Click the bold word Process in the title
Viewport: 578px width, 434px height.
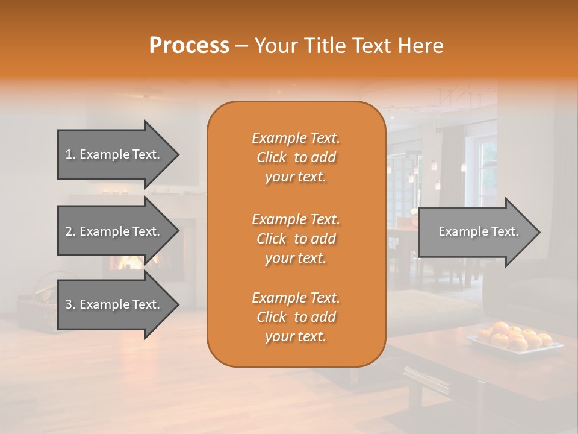click(189, 46)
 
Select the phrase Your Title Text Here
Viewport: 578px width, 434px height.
click(349, 46)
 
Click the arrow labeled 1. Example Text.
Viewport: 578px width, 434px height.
click(114, 154)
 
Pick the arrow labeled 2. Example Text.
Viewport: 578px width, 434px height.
click(114, 231)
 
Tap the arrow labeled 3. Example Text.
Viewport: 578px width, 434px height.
click(114, 304)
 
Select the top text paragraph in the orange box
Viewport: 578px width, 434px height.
click(296, 157)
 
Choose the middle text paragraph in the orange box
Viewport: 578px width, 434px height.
click(296, 238)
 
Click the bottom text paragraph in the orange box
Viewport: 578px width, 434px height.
click(296, 317)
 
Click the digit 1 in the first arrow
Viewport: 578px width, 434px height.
click(68, 154)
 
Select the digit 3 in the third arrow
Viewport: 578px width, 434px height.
click(68, 304)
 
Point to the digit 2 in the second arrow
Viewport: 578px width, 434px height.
click(68, 231)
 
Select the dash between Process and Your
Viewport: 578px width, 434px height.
click(242, 46)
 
